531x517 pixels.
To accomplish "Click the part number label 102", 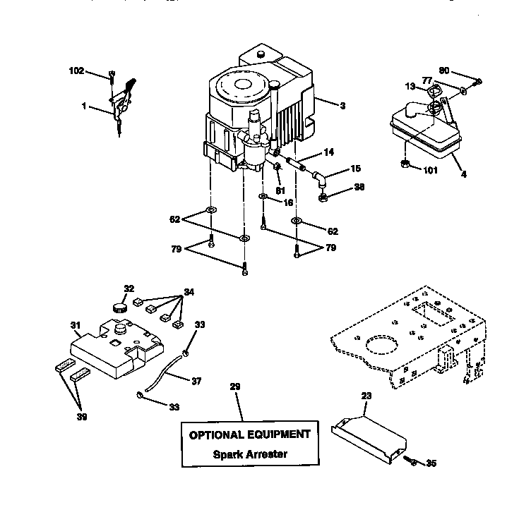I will coord(76,71).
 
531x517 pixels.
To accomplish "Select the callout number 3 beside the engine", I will coord(342,106).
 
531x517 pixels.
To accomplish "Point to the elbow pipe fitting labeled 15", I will coord(321,176).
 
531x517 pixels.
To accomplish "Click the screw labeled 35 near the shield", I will coord(413,462).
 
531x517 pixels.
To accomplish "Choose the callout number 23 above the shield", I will coord(365,396).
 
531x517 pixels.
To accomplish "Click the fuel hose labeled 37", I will coord(164,372).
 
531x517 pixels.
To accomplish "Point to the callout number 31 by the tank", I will coord(76,325).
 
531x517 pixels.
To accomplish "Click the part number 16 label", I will coord(288,202).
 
